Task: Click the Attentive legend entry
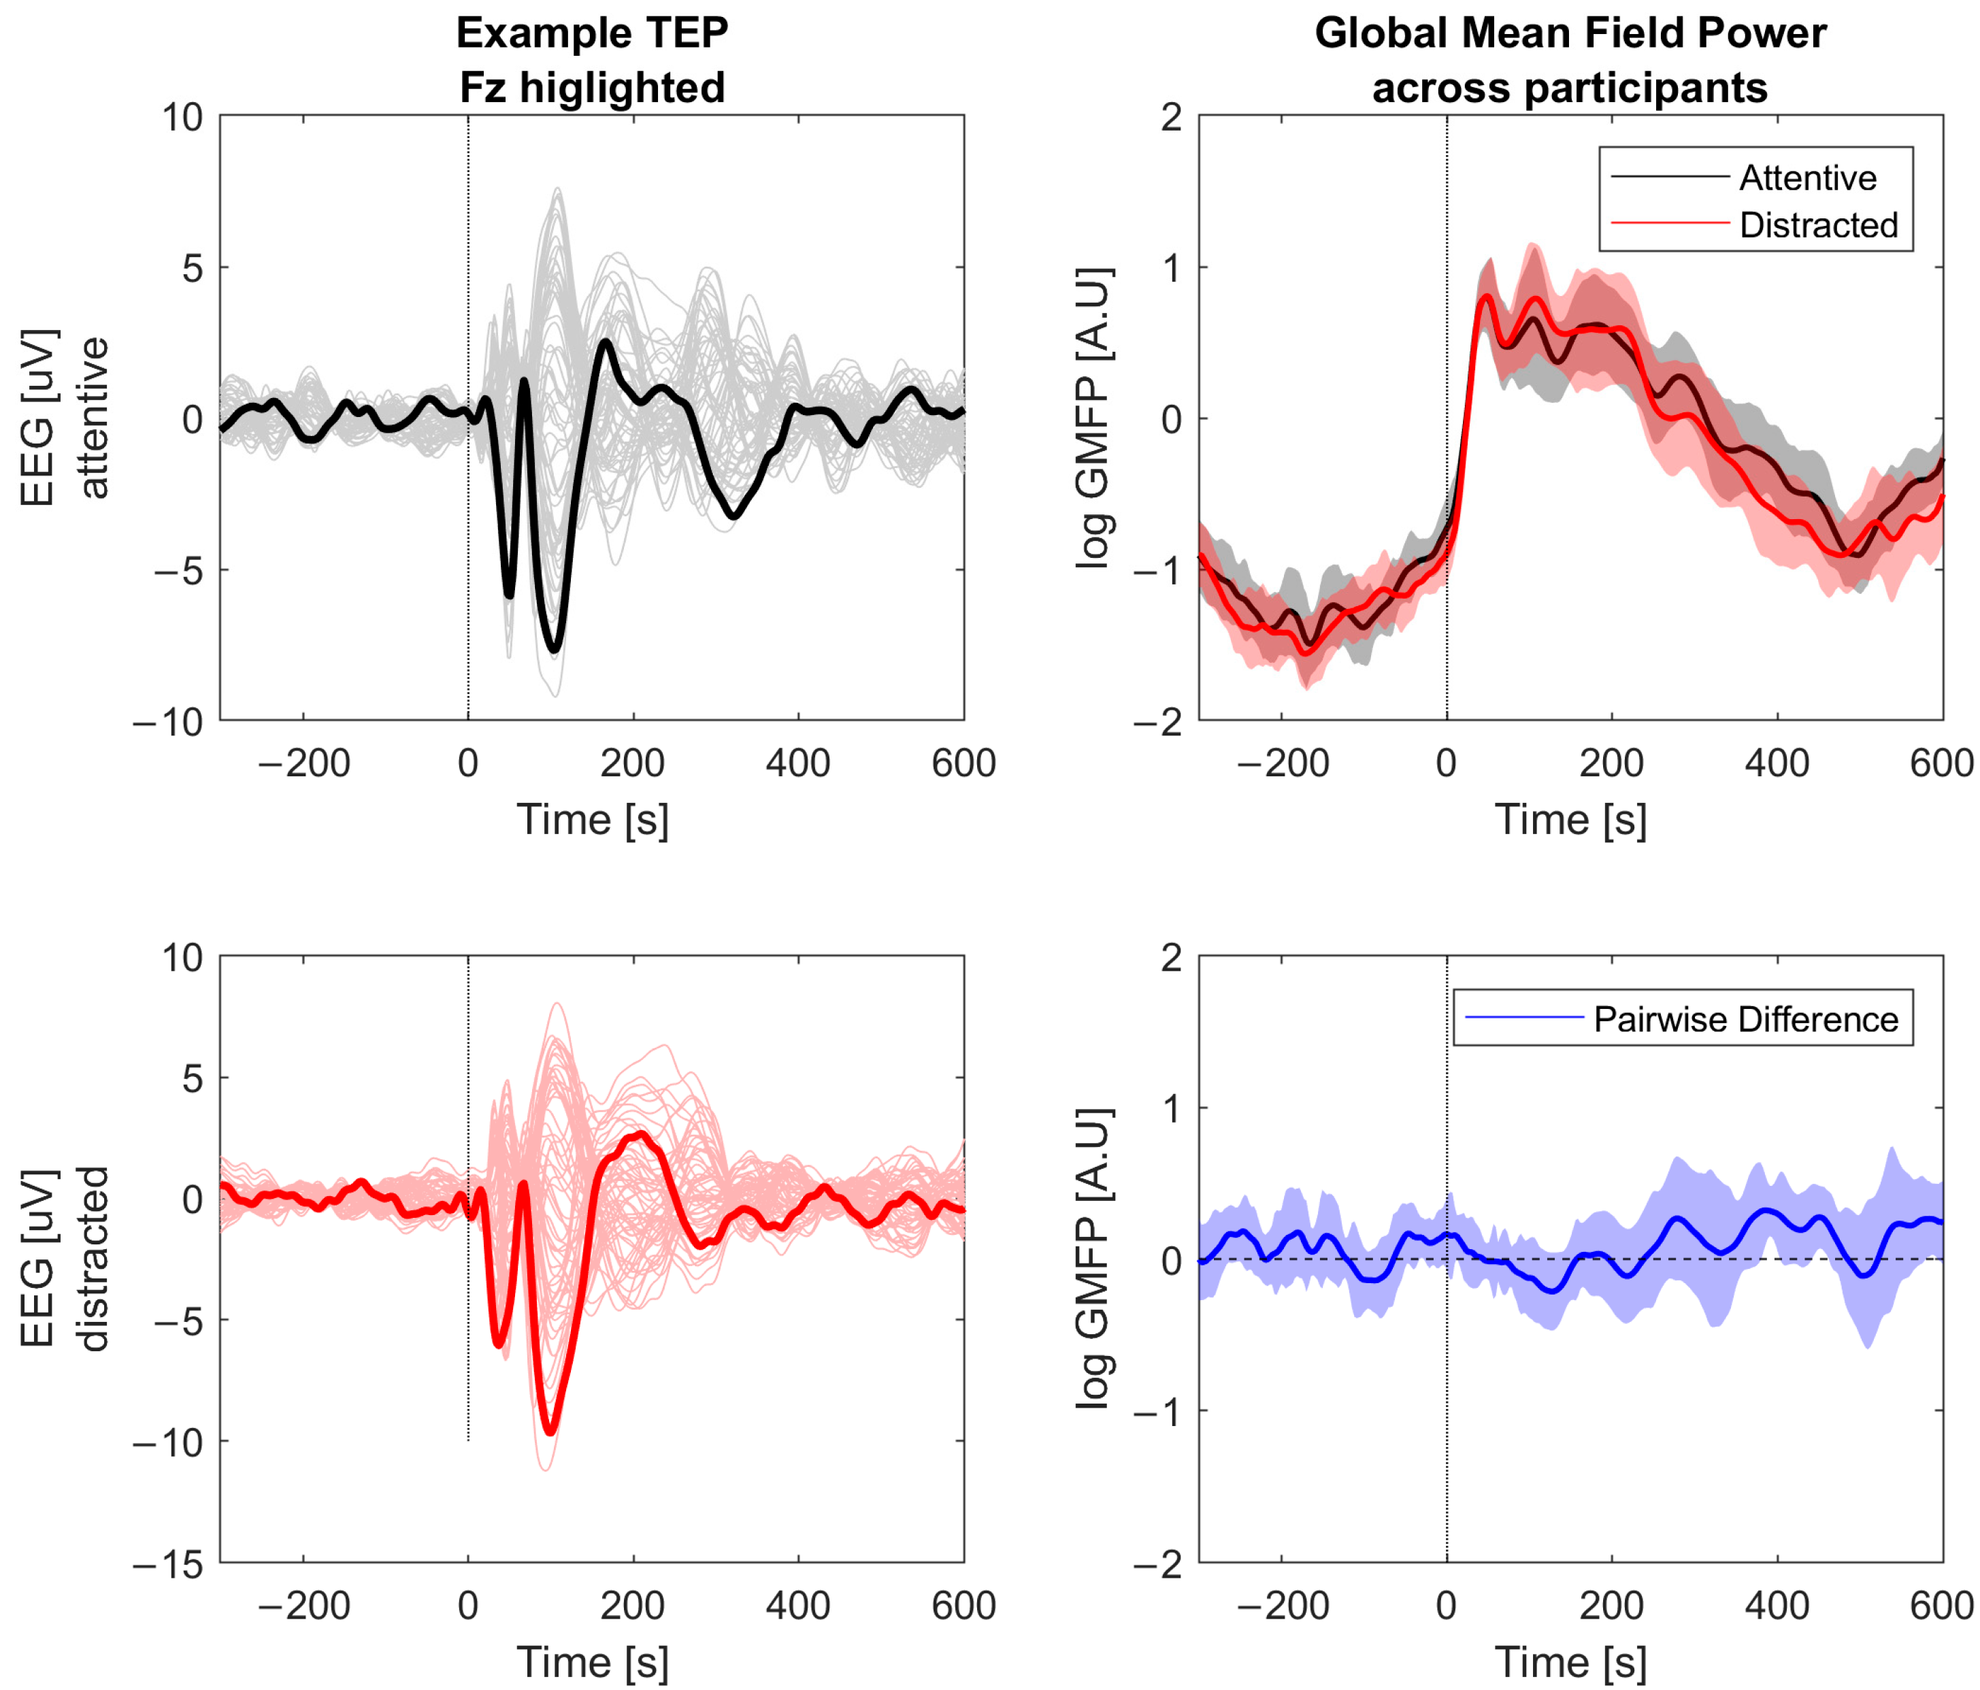(x=1806, y=178)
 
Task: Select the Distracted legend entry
(x=1817, y=225)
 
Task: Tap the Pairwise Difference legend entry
(x=1745, y=1019)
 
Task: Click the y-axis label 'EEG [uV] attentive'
(x=65, y=418)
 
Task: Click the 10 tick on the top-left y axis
(x=182, y=118)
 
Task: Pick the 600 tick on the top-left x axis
(x=963, y=763)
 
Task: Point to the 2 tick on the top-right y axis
(x=1170, y=118)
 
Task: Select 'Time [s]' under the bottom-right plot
(x=1570, y=1662)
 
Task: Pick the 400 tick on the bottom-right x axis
(x=1777, y=1606)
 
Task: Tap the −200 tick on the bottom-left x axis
(x=304, y=1606)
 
